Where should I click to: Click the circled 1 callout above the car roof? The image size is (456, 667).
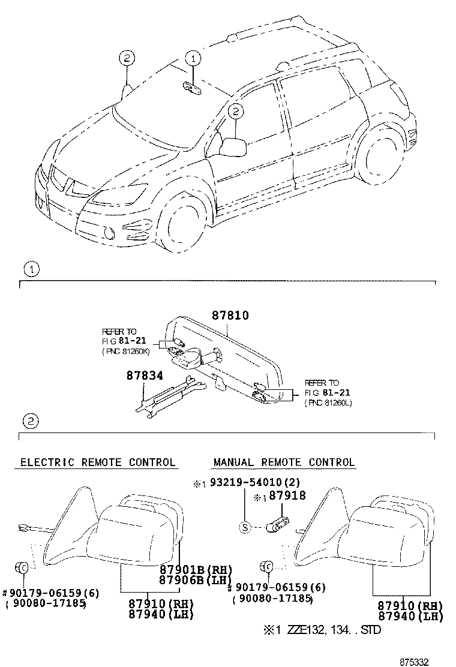pyautogui.click(x=193, y=59)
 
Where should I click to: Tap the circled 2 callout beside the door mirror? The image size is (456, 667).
pyautogui.click(x=236, y=111)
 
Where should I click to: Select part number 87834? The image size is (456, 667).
pyautogui.click(x=145, y=375)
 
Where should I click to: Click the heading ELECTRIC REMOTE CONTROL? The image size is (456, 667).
pyautogui.click(x=98, y=462)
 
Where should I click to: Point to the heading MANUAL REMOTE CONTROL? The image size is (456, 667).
pyautogui.click(x=284, y=462)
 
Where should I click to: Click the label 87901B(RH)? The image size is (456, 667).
pyautogui.click(x=196, y=569)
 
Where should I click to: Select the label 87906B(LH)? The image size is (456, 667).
pyautogui.click(x=196, y=579)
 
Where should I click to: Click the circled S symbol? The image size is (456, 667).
pyautogui.click(x=245, y=527)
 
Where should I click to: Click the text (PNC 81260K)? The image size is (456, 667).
pyautogui.click(x=127, y=352)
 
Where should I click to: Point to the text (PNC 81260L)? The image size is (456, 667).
pyautogui.click(x=328, y=402)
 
